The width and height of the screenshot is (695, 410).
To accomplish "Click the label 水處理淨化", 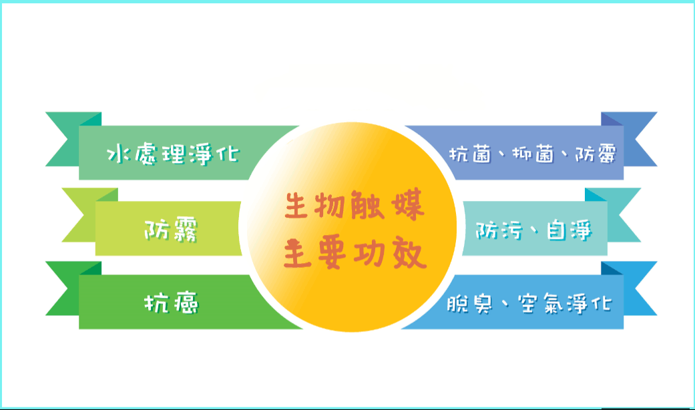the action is pyautogui.click(x=174, y=154).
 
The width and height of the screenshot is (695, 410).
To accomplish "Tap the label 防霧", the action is pyautogui.click(x=171, y=229).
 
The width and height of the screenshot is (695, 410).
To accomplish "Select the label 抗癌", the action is pyautogui.click(x=171, y=303).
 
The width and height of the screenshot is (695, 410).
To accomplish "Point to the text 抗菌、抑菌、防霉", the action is pyautogui.click(x=533, y=154).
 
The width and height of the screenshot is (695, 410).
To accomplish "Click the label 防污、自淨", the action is pyautogui.click(x=533, y=230).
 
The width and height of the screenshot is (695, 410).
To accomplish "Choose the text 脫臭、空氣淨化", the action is pyautogui.click(x=529, y=304).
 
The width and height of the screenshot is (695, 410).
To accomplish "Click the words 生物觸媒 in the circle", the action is pyautogui.click(x=355, y=205).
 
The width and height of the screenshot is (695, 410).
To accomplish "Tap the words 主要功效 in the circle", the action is pyautogui.click(x=355, y=253).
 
